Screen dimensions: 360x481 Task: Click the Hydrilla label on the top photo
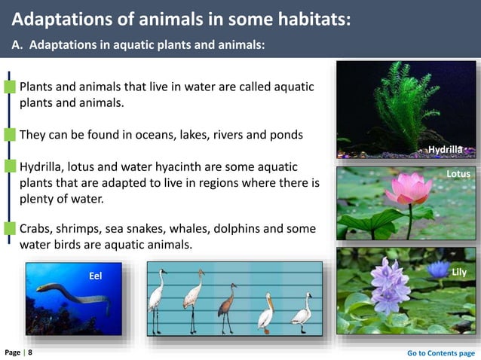445,150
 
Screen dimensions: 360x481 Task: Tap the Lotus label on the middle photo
458,174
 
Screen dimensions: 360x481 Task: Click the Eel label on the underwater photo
95,276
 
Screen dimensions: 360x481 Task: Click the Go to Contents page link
441,352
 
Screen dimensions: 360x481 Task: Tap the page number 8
30,352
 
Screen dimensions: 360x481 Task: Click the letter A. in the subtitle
17,45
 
